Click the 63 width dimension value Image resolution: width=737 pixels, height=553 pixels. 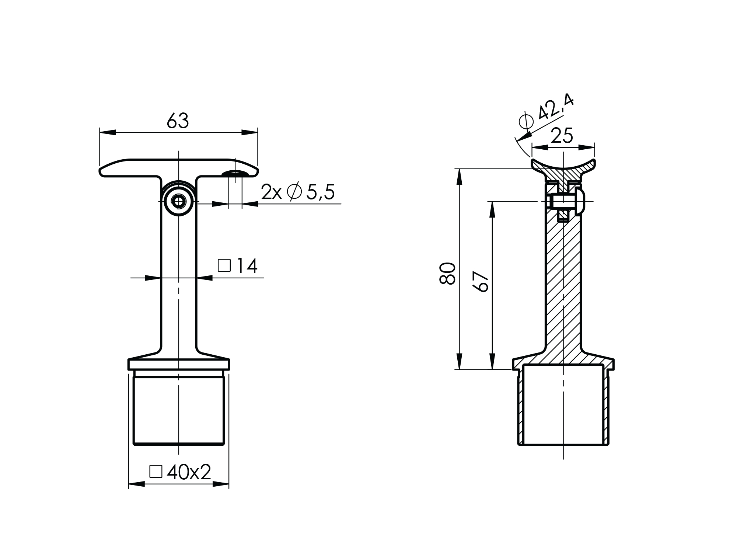point(178,121)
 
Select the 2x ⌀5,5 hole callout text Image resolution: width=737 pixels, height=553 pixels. point(298,192)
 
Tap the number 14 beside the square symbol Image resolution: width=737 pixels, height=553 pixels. point(247,266)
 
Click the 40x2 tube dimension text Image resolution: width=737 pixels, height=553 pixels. point(189,472)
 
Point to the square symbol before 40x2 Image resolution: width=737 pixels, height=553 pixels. point(156,472)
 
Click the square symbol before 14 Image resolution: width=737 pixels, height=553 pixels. point(224,265)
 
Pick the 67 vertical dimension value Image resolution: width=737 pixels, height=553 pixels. point(481,282)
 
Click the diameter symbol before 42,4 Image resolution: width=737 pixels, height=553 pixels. point(526,121)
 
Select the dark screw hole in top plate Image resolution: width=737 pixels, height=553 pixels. point(234,173)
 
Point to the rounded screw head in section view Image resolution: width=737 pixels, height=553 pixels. point(580,202)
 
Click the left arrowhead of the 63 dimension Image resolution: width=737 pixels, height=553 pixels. point(108,132)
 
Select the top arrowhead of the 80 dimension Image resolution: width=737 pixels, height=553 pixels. point(459,177)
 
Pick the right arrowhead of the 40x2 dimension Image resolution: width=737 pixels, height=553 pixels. point(221,484)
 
